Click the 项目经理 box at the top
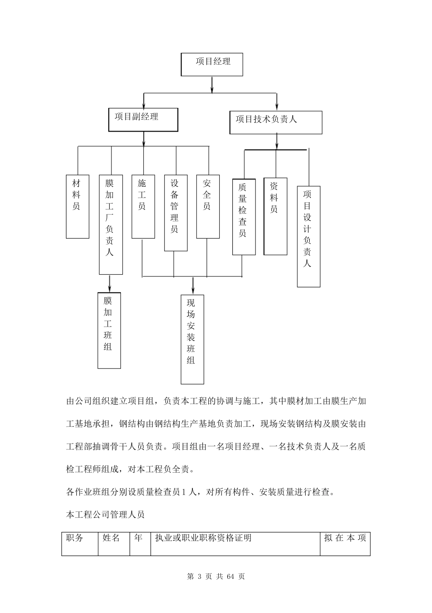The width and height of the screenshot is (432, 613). pyautogui.click(x=212, y=64)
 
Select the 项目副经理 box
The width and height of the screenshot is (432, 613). pyautogui.click(x=143, y=119)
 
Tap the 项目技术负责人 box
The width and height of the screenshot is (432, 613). pyautogui.click(x=276, y=122)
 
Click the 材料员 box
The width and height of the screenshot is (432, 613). pyautogui.click(x=77, y=206)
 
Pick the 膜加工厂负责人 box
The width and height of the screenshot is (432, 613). pyautogui.click(x=111, y=224)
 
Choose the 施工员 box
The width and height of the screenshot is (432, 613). pyautogui.click(x=143, y=206)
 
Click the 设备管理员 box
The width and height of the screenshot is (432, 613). pyautogui.click(x=176, y=212)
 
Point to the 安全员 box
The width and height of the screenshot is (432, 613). pyautogui.click(x=208, y=206)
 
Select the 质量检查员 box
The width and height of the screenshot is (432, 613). pyautogui.click(x=244, y=216)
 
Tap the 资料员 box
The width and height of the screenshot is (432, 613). pyautogui.click(x=275, y=216)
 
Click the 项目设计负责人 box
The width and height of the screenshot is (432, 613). pyautogui.click(x=308, y=236)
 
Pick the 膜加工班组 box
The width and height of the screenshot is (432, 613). pyautogui.click(x=109, y=330)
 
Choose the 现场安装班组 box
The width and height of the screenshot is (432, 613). pyautogui.click(x=192, y=339)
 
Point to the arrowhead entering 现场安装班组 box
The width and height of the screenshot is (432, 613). pyautogui.click(x=193, y=291)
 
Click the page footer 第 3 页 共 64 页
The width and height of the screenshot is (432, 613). pyautogui.click(x=216, y=577)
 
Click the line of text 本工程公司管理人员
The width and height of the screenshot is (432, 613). pyautogui.click(x=105, y=515)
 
